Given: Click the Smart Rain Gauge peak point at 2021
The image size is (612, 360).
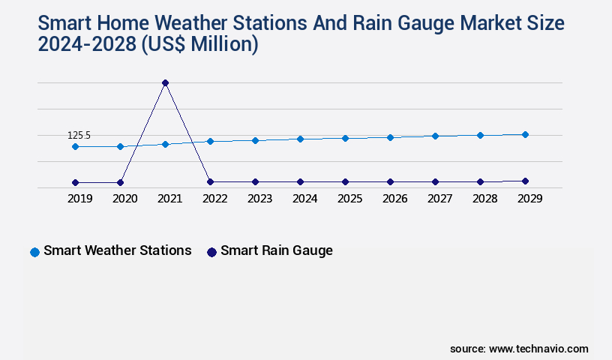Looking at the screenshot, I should tap(165, 82).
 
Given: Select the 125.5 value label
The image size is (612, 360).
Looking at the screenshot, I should tap(79, 135).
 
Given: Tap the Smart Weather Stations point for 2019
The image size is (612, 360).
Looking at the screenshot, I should tap(75, 146).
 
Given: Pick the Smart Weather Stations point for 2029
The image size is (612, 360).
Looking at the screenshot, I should tap(525, 134).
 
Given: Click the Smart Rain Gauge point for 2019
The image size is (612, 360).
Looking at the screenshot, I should tap(75, 182).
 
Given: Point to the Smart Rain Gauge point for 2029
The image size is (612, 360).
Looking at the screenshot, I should tap(525, 181).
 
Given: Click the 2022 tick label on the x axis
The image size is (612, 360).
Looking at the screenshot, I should tap(214, 199).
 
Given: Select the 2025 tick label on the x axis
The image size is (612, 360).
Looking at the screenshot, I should tap(349, 199).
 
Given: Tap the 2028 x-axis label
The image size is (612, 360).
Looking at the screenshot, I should tap(484, 199).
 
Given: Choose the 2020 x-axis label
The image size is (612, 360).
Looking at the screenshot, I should tap(124, 199).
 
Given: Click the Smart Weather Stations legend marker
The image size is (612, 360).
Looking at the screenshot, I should tap(34, 252).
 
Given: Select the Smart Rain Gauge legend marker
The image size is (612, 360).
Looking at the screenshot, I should tap(211, 252).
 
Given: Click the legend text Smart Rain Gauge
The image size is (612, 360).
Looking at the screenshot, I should tap(276, 250).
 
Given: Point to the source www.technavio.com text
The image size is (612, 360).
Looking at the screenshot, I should tap(519, 349).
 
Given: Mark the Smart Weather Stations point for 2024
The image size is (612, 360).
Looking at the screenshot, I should tap(300, 139).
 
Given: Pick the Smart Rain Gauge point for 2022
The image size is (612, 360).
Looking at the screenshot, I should tap(210, 181).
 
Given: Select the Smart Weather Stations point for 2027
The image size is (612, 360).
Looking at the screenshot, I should tap(435, 136).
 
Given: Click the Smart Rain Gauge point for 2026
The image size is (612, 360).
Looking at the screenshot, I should tap(390, 181).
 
